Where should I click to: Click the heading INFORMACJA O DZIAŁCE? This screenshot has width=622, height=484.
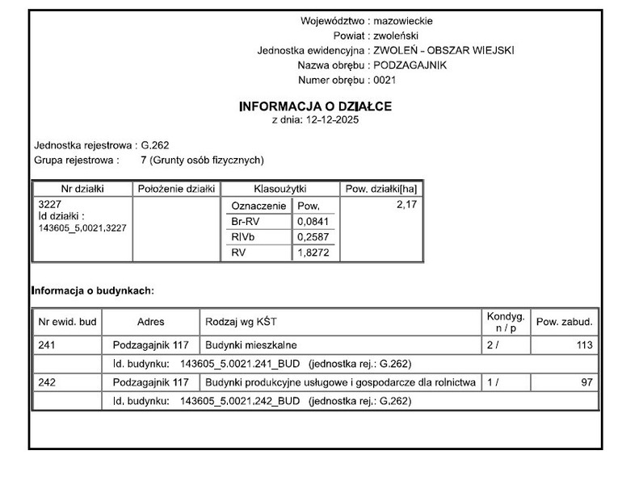pos(315,106)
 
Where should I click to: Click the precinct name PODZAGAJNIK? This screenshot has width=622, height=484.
pos(410,65)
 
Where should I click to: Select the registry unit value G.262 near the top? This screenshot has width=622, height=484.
pos(155,145)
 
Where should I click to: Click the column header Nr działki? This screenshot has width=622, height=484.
pos(82,189)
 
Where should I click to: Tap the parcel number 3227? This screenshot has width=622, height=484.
pos(50,205)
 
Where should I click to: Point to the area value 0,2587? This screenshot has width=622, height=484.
pos(313,236)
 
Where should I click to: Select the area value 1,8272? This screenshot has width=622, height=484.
pos(313,252)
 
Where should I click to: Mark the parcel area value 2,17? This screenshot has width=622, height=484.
pos(406,206)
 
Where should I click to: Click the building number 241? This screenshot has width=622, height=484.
pos(47,345)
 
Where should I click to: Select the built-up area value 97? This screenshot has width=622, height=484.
pos(586,382)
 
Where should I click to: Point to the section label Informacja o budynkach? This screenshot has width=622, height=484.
pos(92,290)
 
